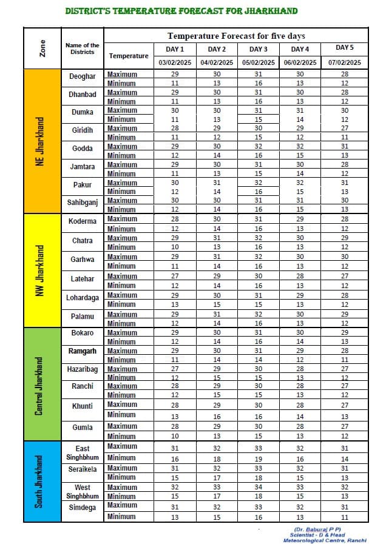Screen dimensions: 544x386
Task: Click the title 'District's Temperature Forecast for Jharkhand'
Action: pyautogui.click(x=181, y=11)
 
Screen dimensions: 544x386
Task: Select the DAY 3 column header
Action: pyautogui.click(x=259, y=49)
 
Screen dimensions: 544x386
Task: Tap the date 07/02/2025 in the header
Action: pyautogui.click(x=344, y=62)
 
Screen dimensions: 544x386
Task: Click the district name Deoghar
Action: pyautogui.click(x=82, y=76)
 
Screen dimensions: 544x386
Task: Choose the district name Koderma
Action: pyautogui.click(x=82, y=221)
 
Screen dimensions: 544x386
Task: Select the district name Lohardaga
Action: pyautogui.click(x=82, y=298)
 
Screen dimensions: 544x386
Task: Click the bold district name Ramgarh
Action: pyautogui.click(x=82, y=351)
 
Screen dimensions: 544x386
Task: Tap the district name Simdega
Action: pyautogui.click(x=82, y=508)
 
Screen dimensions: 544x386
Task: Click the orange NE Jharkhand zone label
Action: pyautogui.click(x=41, y=141)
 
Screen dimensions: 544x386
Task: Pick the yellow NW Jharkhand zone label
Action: pyautogui.click(x=41, y=270)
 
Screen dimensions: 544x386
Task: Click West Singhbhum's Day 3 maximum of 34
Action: pyautogui.click(x=259, y=487)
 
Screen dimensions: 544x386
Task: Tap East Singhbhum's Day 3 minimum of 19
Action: pyautogui.click(x=259, y=459)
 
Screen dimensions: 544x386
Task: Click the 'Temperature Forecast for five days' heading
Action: pyautogui.click(x=236, y=36)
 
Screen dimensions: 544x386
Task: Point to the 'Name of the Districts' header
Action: pyautogui.click(x=82, y=49)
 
